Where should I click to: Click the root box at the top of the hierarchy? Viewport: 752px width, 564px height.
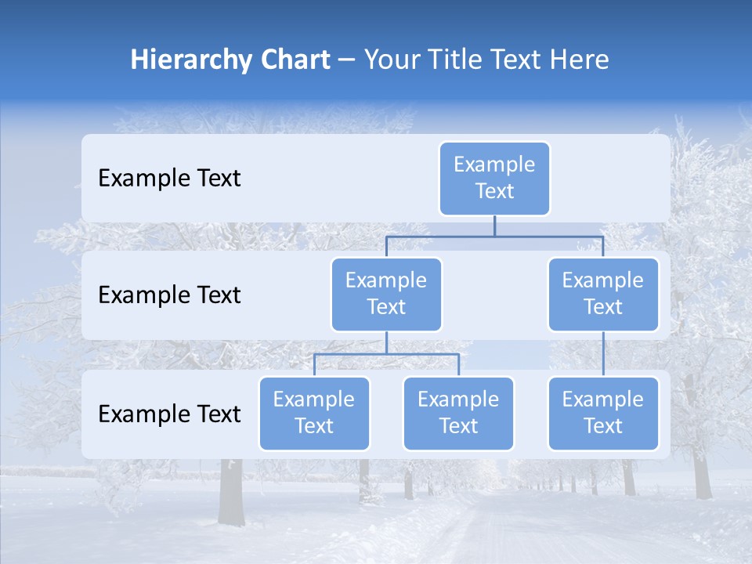494,178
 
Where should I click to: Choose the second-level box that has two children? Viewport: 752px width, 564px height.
386,294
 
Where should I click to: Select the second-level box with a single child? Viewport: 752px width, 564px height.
603,294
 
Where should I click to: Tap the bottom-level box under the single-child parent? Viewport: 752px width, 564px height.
603,413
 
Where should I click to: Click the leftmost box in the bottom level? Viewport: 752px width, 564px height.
314,413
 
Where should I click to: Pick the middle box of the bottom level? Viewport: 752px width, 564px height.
458,413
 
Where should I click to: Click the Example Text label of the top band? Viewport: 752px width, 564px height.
169,179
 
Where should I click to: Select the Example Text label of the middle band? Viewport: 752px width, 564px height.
169,295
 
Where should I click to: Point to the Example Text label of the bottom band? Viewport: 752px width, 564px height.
169,414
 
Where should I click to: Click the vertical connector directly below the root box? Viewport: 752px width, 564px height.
494,226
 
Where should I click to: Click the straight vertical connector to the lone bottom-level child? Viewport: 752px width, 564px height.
603,354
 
